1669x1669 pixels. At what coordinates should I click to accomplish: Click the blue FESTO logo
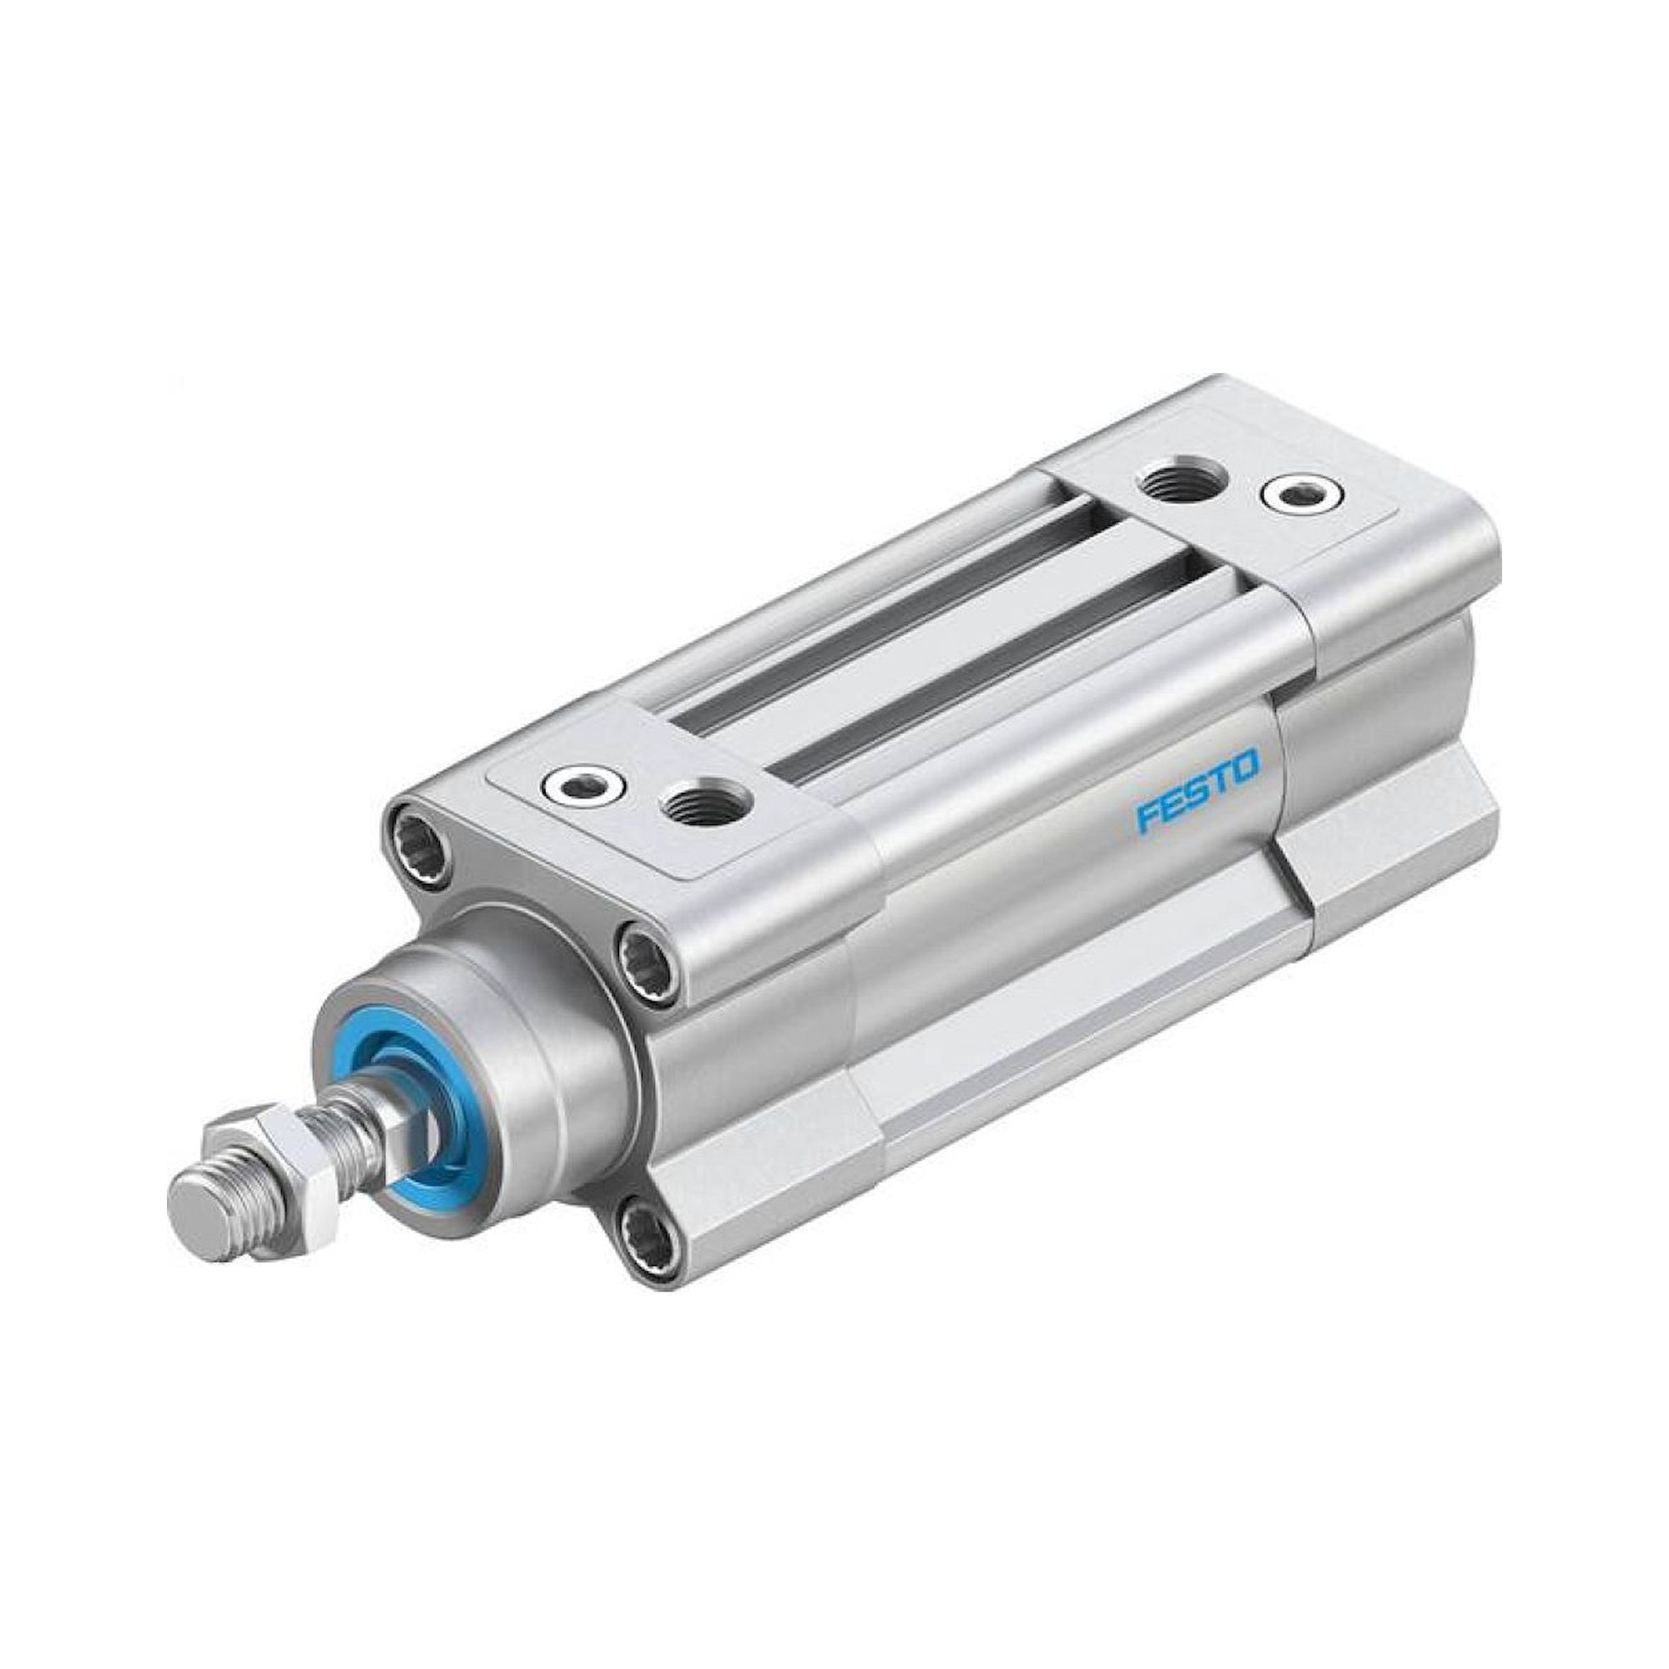point(1197,791)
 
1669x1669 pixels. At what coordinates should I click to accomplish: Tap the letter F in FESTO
point(1146,814)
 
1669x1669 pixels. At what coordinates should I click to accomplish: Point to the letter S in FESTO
point(1196,792)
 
